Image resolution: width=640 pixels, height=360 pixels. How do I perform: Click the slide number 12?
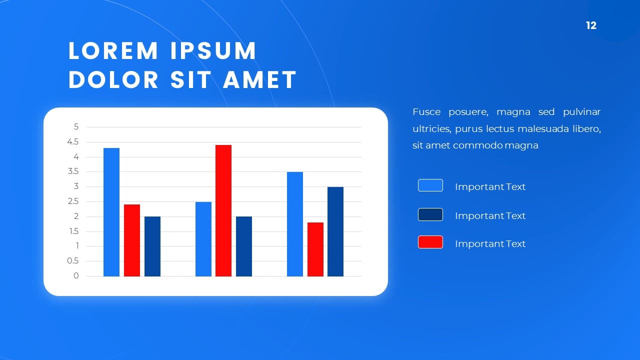click(x=591, y=25)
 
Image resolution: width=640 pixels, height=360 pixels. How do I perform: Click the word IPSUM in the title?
click(x=213, y=51)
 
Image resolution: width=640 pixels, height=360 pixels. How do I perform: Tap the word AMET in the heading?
click(x=259, y=79)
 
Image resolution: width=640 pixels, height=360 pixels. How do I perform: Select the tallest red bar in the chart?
click(x=223, y=210)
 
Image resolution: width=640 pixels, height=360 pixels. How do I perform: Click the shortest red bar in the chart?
click(x=315, y=249)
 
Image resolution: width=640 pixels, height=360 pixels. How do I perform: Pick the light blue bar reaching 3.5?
click(x=295, y=224)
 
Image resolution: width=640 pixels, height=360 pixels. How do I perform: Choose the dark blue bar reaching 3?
click(x=335, y=231)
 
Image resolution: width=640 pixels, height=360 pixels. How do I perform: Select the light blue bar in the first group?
click(x=111, y=212)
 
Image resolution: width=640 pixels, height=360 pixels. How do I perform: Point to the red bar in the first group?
click(x=132, y=240)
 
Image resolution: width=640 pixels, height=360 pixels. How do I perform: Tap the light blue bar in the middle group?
click(x=203, y=239)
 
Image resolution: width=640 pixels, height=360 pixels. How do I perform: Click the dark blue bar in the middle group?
click(x=244, y=246)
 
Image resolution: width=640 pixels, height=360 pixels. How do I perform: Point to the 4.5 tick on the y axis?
click(x=73, y=141)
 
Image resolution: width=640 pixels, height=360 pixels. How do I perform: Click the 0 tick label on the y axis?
click(x=76, y=275)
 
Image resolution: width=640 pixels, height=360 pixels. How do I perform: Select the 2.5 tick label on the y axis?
click(x=73, y=201)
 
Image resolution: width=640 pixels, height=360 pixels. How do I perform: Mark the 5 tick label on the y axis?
click(x=76, y=126)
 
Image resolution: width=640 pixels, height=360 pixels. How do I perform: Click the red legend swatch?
click(x=430, y=242)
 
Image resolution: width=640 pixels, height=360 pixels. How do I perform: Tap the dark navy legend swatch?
click(x=430, y=214)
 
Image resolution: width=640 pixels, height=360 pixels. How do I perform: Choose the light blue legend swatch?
click(x=430, y=185)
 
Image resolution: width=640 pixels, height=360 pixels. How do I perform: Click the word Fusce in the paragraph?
click(x=426, y=111)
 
